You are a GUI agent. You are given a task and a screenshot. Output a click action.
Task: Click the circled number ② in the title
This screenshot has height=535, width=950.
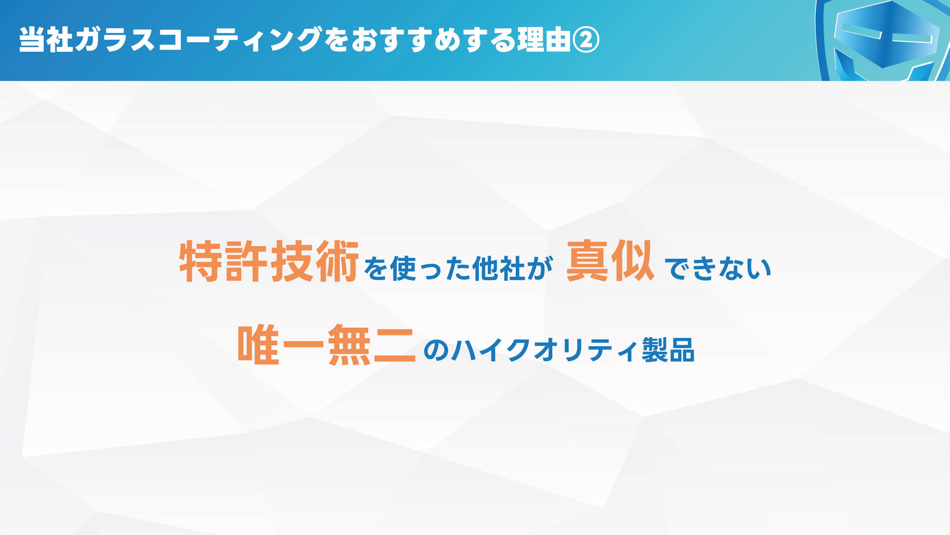[x=586, y=40]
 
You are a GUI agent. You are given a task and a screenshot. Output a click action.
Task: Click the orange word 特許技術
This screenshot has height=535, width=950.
[x=269, y=262]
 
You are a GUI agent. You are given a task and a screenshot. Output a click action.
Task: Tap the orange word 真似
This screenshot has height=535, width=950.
[x=610, y=261]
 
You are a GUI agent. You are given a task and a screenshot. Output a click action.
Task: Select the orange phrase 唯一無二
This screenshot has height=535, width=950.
[x=327, y=345]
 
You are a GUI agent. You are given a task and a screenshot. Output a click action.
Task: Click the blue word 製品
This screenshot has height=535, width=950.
[x=668, y=350]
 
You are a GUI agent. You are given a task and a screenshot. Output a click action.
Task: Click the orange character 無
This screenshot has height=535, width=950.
[x=349, y=345]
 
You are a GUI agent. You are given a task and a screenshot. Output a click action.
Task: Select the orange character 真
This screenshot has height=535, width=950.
[x=587, y=261]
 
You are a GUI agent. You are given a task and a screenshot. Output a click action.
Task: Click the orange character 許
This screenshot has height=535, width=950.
[x=246, y=262]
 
